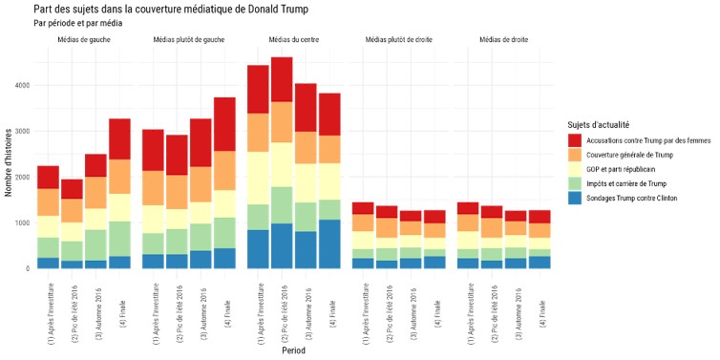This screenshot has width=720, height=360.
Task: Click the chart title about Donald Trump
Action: pyautogui.click(x=183, y=9)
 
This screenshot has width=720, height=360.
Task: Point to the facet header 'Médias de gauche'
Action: pyautogui.click(x=84, y=39)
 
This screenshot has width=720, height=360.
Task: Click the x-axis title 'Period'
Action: pyautogui.click(x=294, y=350)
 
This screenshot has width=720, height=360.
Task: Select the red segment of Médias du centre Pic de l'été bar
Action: pyautogui.click(x=282, y=79)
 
